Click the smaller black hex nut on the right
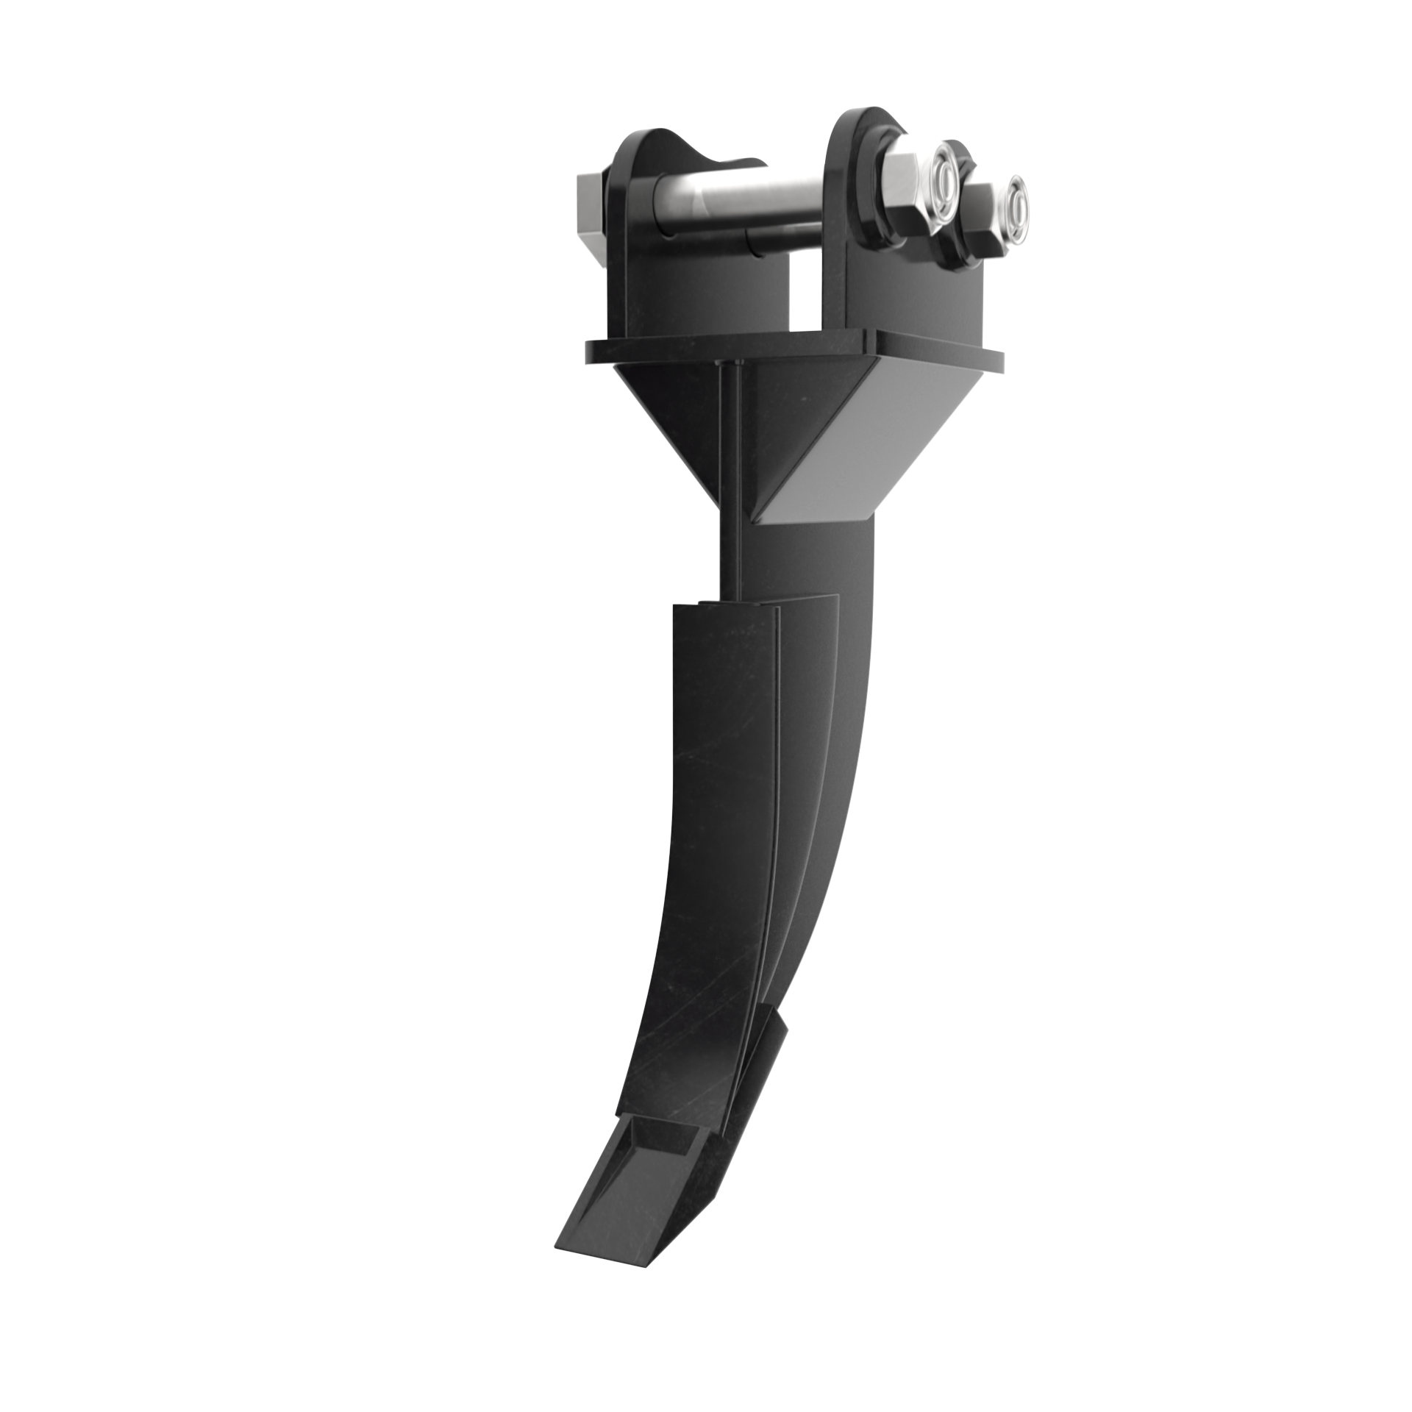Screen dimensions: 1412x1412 [982, 221]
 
